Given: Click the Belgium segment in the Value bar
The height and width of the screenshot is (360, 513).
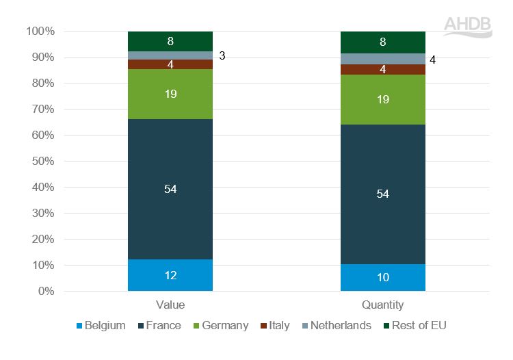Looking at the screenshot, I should click(170, 275).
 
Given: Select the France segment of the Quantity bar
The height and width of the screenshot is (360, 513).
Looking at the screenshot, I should click(383, 194).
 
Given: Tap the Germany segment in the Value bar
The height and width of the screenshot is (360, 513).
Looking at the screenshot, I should click(170, 94).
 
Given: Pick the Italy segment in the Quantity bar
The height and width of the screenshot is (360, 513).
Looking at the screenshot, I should click(383, 69).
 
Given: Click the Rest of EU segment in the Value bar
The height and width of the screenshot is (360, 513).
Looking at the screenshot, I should click(170, 41).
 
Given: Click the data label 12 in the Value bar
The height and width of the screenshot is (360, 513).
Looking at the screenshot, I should click(170, 276).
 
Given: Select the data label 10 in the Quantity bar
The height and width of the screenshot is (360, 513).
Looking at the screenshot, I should click(383, 277).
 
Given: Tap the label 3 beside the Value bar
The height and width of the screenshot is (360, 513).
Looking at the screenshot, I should click(222, 55).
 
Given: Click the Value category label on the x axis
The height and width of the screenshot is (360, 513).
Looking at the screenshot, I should click(170, 305).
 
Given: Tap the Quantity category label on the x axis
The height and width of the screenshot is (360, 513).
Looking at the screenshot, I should click(383, 305).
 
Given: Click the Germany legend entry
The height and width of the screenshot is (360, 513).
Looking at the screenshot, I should click(220, 325).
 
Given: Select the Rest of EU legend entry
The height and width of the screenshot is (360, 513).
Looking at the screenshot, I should click(417, 325).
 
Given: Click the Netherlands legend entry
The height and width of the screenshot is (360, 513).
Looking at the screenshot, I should click(335, 325).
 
